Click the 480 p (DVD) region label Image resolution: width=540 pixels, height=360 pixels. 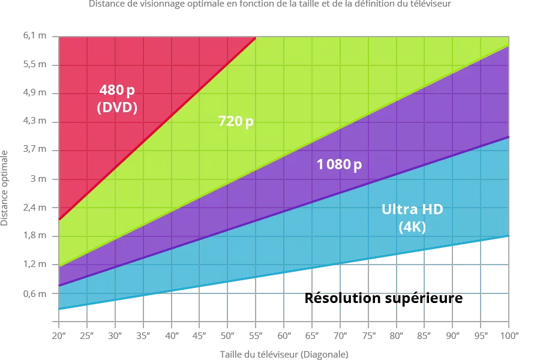[117, 98]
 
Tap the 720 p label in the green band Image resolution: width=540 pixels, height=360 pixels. [236, 121]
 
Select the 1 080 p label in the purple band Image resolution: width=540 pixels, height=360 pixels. [339, 164]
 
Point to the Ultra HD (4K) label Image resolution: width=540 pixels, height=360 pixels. [412, 218]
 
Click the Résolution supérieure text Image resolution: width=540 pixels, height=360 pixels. [383, 298]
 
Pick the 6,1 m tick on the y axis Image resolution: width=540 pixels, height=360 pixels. [35, 35]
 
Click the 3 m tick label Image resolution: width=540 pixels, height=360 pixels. [38, 179]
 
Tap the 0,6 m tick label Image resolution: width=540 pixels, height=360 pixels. [35, 293]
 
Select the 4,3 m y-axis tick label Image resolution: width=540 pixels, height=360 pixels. [35, 121]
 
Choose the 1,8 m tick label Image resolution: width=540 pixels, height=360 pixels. [35, 236]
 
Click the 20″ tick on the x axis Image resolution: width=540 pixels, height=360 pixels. [59, 335]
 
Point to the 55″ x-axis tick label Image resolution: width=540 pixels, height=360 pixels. [256, 335]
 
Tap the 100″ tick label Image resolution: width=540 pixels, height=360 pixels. [509, 335]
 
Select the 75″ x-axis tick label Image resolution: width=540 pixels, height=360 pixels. [369, 335]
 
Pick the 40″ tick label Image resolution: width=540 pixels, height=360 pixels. [172, 335]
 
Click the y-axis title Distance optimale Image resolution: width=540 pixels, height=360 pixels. [4, 188]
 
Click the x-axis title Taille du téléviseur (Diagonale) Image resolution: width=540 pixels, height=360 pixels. [284, 355]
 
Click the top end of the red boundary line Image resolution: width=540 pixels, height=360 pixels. [256, 38]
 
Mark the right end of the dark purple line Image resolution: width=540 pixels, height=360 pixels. [509, 137]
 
